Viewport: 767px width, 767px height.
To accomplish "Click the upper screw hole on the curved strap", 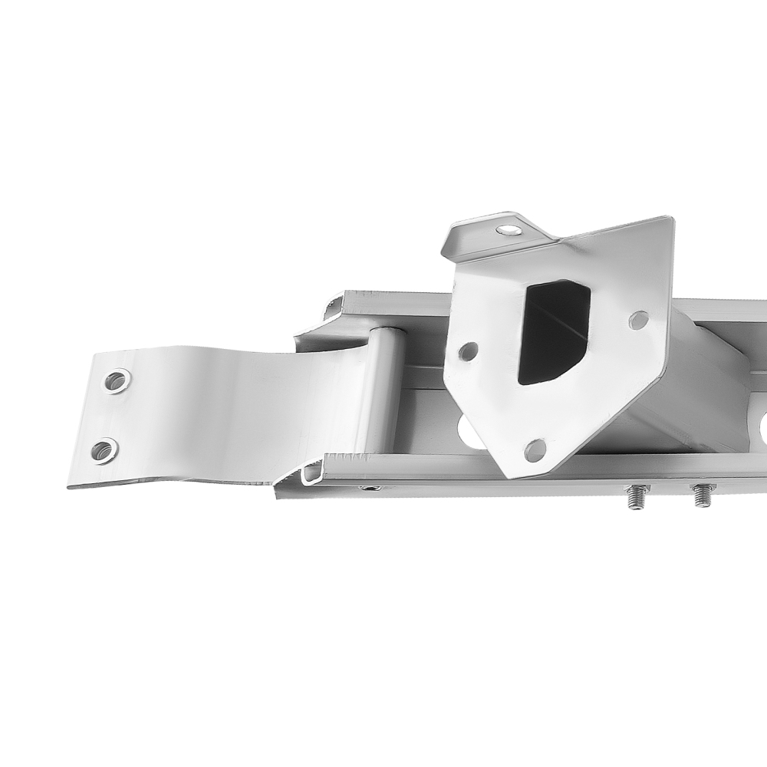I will (x=117, y=380).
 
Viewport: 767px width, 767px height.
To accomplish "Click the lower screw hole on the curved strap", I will (x=104, y=449).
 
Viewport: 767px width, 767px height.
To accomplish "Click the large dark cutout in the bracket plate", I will (x=553, y=331).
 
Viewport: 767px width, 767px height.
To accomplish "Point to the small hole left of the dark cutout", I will (x=467, y=351).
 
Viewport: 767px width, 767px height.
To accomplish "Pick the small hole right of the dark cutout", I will (x=638, y=320).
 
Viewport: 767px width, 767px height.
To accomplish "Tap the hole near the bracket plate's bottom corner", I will (x=535, y=450).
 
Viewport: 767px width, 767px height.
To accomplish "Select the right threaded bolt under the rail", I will (x=702, y=495).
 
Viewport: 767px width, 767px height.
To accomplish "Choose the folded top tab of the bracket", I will (x=491, y=233).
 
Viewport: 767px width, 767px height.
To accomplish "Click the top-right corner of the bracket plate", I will (x=672, y=219).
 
